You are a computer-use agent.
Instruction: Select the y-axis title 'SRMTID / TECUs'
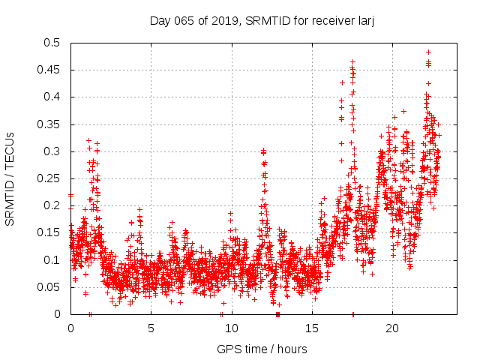[10, 179]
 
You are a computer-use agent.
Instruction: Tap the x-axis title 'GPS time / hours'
[262, 349]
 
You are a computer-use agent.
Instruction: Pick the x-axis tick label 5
[151, 328]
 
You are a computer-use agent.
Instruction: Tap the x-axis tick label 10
[231, 328]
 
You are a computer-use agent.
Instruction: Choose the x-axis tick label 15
[311, 328]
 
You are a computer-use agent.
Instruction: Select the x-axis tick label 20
[391, 328]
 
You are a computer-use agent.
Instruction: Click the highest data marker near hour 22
[428, 52]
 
